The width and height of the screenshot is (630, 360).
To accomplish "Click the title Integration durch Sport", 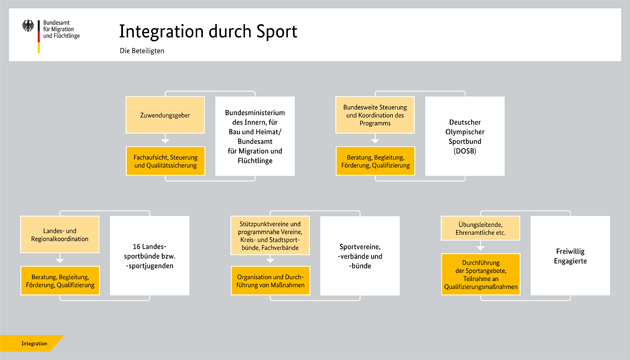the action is pyautogui.click(x=208, y=31).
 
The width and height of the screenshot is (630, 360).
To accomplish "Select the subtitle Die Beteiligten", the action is pyautogui.click(x=141, y=51).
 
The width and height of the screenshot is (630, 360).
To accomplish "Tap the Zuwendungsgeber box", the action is pyautogui.click(x=165, y=116).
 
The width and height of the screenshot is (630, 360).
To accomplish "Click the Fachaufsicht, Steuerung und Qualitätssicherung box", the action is pyautogui.click(x=165, y=160).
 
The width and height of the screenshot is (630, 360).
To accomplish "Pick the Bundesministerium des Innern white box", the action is pyautogui.click(x=255, y=136).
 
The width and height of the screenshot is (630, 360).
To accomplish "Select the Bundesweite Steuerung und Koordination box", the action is pyautogui.click(x=374, y=115).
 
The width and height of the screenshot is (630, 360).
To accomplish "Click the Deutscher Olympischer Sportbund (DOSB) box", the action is pyautogui.click(x=464, y=136).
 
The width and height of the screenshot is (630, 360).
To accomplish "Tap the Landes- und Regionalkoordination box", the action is pyautogui.click(x=61, y=236).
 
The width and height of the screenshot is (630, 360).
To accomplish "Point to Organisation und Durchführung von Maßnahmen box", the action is pyautogui.click(x=270, y=281).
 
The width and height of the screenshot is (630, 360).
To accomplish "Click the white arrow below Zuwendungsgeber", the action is pyautogui.click(x=165, y=140).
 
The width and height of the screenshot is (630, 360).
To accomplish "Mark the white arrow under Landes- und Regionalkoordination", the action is pyautogui.click(x=61, y=258).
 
